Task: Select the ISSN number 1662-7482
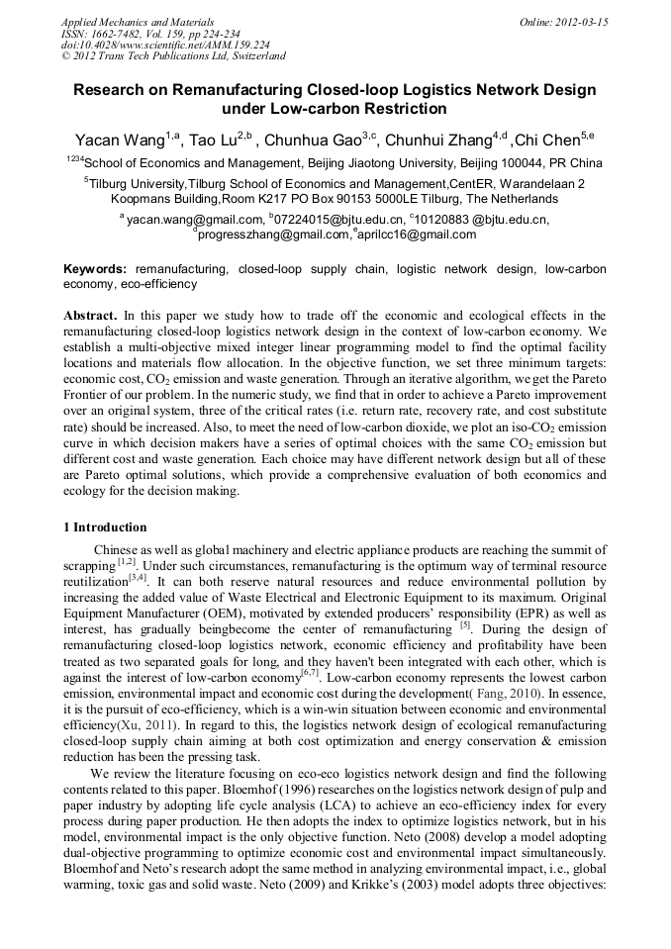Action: pos(116,34)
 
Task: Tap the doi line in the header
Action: pos(165,46)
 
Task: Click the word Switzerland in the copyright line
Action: pos(254,57)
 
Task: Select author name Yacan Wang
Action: pos(120,140)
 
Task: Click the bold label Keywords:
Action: pos(95,269)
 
